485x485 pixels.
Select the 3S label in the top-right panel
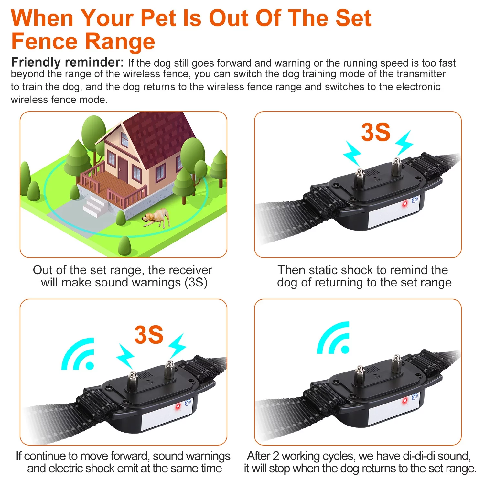376,132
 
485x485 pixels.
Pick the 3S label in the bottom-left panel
149,335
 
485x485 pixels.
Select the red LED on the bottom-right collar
404,401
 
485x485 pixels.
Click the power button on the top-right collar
415,199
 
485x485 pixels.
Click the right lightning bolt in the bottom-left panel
177,345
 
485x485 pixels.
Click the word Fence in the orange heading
44,42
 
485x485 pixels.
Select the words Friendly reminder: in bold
67,62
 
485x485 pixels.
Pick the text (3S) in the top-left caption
196,283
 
